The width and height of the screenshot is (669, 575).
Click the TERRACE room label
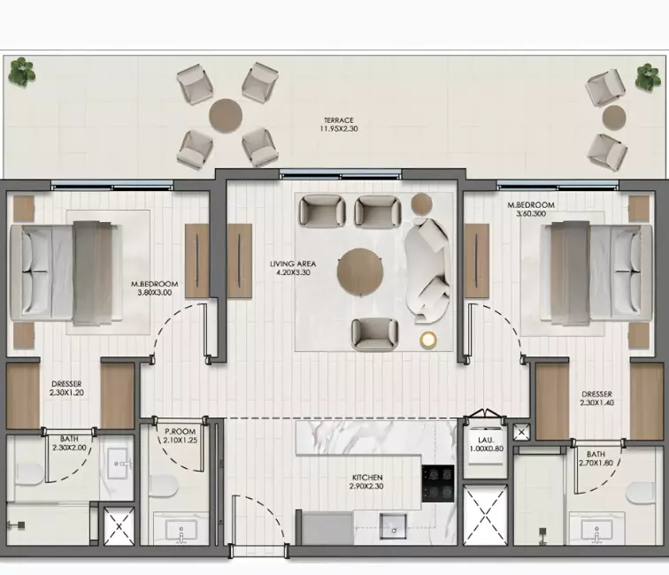pyautogui.click(x=338, y=120)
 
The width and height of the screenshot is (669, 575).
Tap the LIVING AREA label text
pyautogui.click(x=293, y=264)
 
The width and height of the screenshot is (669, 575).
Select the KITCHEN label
pyautogui.click(x=367, y=478)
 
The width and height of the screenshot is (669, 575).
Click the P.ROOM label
pyautogui.click(x=180, y=432)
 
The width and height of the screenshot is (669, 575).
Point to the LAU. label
pyautogui.click(x=486, y=441)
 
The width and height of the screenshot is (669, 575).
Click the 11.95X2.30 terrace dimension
pyautogui.click(x=339, y=129)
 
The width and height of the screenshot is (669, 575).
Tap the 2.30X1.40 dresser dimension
pyautogui.click(x=596, y=402)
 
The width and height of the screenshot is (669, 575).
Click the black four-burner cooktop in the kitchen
pyautogui.click(x=438, y=484)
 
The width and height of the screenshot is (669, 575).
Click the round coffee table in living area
pyautogui.click(x=359, y=272)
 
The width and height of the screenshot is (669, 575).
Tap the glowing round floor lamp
pyautogui.click(x=428, y=340)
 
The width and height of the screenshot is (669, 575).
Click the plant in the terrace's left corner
pyautogui.click(x=22, y=72)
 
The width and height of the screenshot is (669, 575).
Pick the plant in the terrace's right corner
pyautogui.click(x=648, y=77)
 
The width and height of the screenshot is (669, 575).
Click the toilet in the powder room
pyautogui.click(x=164, y=487)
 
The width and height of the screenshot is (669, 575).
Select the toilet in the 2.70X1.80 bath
pyautogui.click(x=640, y=493)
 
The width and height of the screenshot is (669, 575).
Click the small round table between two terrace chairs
pyautogui.click(x=614, y=117)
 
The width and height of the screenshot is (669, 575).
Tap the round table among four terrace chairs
pyautogui.click(x=226, y=116)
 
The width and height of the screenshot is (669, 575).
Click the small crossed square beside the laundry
pyautogui.click(x=521, y=432)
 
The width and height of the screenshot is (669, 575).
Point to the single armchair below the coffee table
pyautogui.click(x=374, y=334)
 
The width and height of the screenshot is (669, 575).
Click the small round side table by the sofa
pyautogui.click(x=421, y=203)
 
